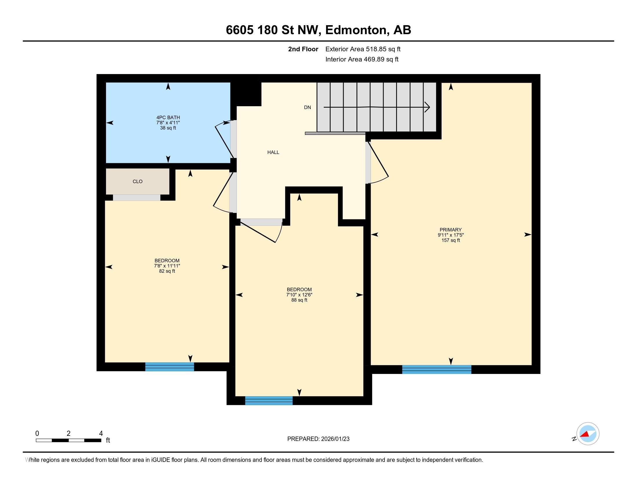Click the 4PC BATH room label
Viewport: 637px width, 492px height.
[168, 118]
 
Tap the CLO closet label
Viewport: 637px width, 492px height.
[137, 181]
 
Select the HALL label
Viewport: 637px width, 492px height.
[273, 152]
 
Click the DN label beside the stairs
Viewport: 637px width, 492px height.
[307, 108]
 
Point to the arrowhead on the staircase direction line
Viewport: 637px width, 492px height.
[427, 107]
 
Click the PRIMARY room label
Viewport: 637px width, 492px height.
[450, 230]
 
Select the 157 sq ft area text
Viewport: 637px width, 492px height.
[450, 241]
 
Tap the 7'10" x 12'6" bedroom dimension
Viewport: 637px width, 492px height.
[299, 295]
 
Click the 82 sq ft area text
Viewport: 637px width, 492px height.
[167, 271]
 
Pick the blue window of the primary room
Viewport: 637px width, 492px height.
[436, 369]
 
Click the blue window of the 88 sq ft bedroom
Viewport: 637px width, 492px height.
[269, 401]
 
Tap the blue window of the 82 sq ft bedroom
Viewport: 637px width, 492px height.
[169, 367]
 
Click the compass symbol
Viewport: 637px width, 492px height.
[587, 434]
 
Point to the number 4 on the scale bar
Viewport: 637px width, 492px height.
[101, 434]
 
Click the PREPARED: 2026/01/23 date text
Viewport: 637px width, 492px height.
[318, 439]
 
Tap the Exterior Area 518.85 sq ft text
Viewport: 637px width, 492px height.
[363, 49]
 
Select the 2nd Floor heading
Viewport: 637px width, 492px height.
[303, 49]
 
